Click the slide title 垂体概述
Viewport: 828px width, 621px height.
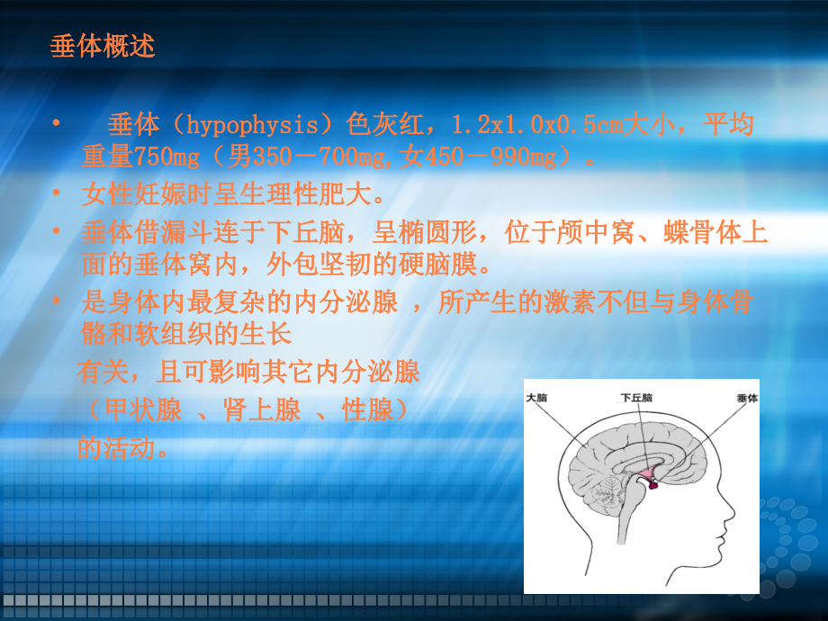(103, 46)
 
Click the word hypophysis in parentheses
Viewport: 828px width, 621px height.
(252, 125)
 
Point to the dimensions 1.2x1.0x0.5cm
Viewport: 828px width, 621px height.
(536, 124)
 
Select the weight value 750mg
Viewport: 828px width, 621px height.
(166, 157)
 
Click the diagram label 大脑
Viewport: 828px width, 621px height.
(536, 397)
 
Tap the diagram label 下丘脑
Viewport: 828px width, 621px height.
(636, 397)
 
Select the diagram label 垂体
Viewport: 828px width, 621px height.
(747, 398)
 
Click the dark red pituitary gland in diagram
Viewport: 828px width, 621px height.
(653, 484)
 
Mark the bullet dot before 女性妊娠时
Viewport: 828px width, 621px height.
(57, 193)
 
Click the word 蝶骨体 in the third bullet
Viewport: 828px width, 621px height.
(702, 232)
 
